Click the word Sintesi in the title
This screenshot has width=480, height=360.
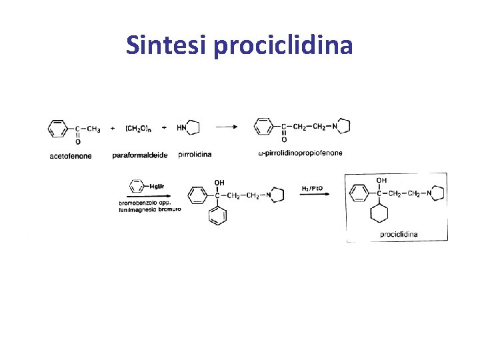tap(166, 45)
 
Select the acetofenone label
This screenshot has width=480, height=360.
tap(71, 156)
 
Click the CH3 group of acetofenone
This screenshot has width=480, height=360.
tap(94, 128)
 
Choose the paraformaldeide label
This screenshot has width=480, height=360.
tap(140, 156)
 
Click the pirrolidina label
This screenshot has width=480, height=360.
tap(195, 154)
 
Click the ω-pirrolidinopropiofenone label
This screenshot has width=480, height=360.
tap(300, 153)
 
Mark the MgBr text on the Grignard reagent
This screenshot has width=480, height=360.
tap(157, 186)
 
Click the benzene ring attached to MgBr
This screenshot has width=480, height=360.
tap(137, 185)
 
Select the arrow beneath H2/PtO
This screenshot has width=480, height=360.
tap(313, 195)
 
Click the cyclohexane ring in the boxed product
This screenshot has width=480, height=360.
tap(380, 214)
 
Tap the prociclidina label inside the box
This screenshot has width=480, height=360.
tap(399, 234)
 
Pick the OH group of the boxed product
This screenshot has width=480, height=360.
tap(381, 180)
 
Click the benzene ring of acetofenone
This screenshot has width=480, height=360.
tap(59, 128)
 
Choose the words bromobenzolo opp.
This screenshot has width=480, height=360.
tap(144, 203)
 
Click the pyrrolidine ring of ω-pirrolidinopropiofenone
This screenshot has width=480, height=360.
tap(342, 126)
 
